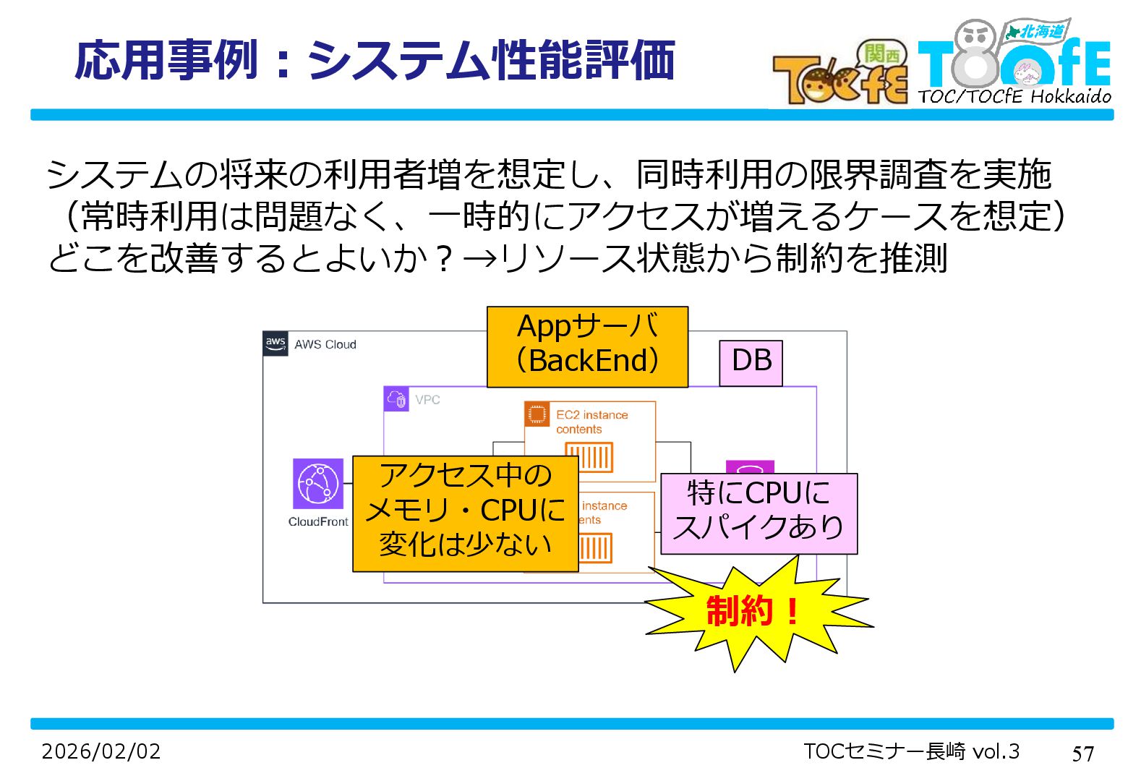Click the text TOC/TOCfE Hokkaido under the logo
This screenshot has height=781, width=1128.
[1014, 96]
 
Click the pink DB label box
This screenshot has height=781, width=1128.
[751, 362]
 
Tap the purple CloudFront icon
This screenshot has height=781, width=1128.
[318, 483]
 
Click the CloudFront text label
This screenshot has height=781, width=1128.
[318, 522]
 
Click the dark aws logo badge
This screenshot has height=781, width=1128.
[275, 343]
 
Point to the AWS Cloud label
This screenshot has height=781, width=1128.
[325, 345]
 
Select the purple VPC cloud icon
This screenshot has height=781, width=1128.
[396, 399]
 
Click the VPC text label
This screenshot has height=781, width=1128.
[427, 400]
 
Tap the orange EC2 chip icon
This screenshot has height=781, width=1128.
[537, 414]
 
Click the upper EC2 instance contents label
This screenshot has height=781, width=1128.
[591, 422]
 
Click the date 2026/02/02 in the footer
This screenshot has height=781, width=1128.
[101, 752]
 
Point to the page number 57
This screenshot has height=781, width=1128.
[1082, 754]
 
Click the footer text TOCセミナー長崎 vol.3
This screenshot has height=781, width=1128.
[911, 752]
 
